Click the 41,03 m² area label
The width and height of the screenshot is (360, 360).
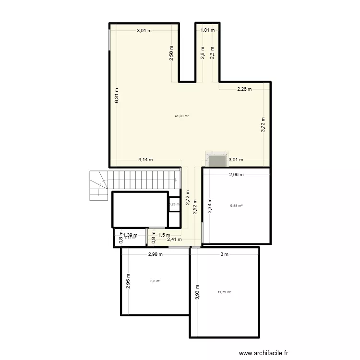click(182, 116)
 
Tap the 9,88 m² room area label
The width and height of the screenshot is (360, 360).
click(236, 206)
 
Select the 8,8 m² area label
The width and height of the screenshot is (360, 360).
click(155, 281)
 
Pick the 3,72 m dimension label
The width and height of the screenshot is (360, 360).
click(263, 125)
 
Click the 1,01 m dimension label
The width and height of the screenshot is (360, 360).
click(207, 30)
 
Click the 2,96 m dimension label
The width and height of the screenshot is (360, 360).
click(236, 175)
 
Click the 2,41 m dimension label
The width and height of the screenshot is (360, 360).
click(174, 240)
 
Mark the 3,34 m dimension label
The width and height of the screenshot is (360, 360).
click(209, 206)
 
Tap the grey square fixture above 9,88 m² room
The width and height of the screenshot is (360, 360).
click(216, 160)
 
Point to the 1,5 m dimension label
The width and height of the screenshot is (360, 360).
click(164, 235)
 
